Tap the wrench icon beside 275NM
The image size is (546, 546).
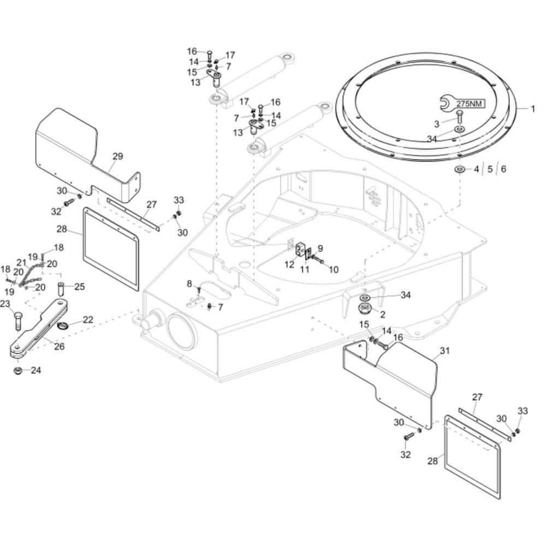coord(448,103)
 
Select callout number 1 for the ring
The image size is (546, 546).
coord(533,109)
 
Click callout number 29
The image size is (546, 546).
coord(118,156)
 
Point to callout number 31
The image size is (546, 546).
coord(444,351)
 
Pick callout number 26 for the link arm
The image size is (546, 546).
coord(59,346)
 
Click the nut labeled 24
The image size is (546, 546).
coord(17,371)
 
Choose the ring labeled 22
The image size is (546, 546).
coord(62,325)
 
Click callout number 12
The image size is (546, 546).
coord(289,265)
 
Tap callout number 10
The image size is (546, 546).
coord(333,270)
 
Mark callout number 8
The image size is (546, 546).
coord(189,284)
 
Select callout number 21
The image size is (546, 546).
coord(22,262)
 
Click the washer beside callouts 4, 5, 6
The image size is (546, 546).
coord(460,170)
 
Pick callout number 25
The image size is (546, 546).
coord(79,287)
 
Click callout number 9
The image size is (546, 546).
coord(320,248)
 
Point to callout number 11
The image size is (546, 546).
coord(305,270)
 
